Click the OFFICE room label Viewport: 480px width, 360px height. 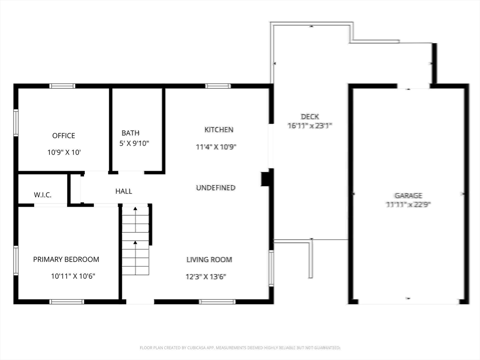point(64,136)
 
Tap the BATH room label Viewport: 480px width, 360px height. point(130,133)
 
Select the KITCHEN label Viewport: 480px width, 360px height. point(218,130)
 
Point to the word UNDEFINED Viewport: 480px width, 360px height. point(216,188)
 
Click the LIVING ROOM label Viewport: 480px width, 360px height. point(209,260)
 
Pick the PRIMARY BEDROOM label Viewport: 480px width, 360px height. point(66,260)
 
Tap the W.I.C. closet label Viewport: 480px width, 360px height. point(43,195)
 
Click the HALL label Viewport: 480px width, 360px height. point(124,191)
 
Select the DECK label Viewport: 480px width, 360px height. point(310,117)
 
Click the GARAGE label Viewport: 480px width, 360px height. point(408,195)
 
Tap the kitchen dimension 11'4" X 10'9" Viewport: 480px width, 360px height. point(216,147)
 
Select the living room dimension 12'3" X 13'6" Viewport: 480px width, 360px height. point(206,277)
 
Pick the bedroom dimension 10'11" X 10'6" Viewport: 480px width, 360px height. point(73,277)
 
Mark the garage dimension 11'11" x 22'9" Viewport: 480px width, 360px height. point(408,204)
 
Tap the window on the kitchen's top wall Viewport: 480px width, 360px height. point(218,86)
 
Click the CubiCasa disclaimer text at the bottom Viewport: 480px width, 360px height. point(240,348)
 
